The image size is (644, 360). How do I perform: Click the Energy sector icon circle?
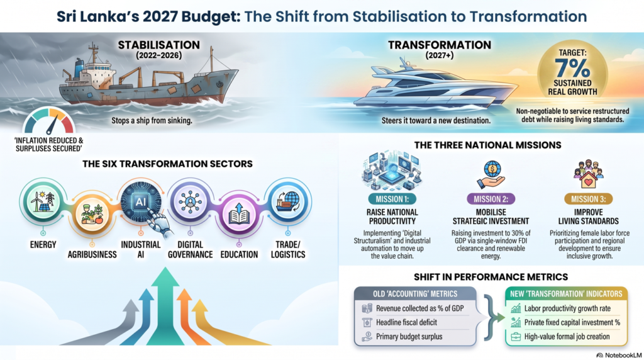(43, 202)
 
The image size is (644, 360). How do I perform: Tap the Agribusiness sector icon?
(92, 215)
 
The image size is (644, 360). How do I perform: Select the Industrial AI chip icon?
(140, 202)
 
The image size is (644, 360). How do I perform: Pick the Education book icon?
(239, 215)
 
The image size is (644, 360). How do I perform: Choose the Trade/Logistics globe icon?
(287, 202)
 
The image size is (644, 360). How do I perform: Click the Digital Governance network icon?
(190, 202)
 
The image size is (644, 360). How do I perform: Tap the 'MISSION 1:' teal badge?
(392, 200)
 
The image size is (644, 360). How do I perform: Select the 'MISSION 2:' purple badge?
(491, 200)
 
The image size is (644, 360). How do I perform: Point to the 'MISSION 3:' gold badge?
(588, 200)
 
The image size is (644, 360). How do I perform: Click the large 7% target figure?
(572, 68)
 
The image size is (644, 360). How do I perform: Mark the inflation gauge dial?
(49, 121)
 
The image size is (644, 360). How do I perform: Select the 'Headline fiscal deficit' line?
(406, 323)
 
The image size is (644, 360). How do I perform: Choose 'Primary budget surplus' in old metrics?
(409, 337)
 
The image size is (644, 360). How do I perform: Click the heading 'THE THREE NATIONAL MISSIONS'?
(487, 145)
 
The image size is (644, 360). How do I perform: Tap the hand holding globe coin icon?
(491, 175)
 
